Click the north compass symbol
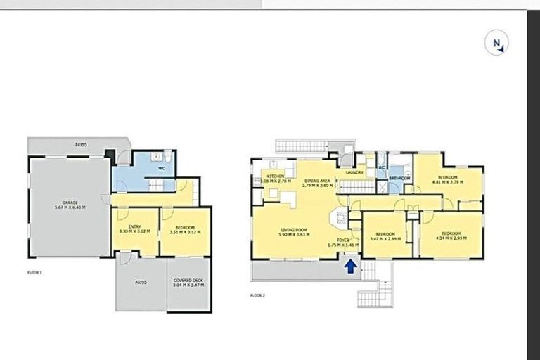pos(497,44)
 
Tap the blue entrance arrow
pos(350,266)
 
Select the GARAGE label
pos(69,202)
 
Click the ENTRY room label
pos(134,226)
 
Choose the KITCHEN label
pos(274,176)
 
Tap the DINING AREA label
pos(317,181)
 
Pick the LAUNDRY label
pos(354,172)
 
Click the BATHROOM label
pos(400,179)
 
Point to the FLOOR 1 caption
pos(35,271)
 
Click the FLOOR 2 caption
pos(257,295)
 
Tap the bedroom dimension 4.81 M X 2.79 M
pos(447,182)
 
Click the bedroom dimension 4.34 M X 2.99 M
pos(450,238)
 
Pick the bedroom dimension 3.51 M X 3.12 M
pos(184,231)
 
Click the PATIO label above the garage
pos(82,145)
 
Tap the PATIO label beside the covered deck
pos(141,283)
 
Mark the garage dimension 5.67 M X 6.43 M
pos(69,207)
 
